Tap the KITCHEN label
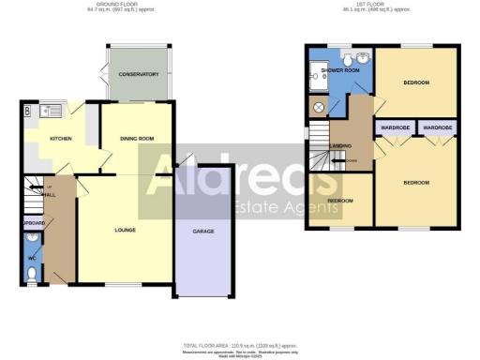(x=61, y=139)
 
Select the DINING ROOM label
(x=137, y=139)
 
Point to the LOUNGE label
(x=125, y=230)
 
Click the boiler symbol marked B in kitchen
(x=28, y=111)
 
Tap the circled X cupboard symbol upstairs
(x=317, y=108)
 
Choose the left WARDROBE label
(x=394, y=126)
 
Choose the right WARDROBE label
(x=437, y=126)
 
